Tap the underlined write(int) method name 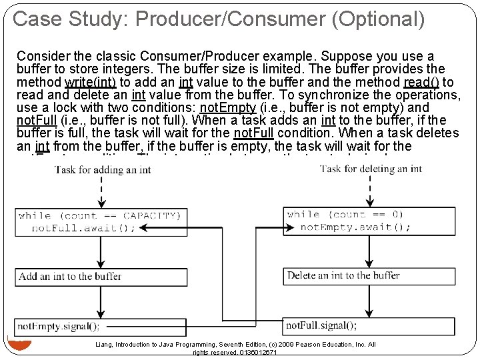pos(91,83)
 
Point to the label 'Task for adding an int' pos(103,169)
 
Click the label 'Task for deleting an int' pos(371,169)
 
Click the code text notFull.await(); pos(83,228)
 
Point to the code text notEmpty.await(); pos(355,227)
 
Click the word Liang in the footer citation pos(105,345)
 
